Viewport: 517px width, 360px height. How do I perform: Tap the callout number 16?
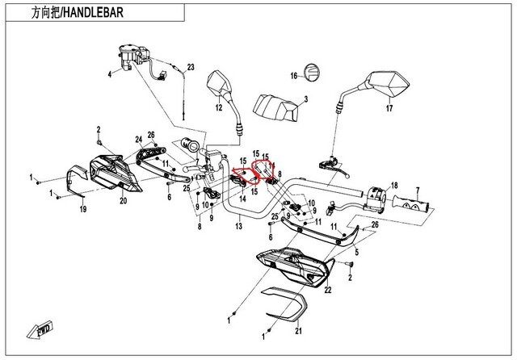pyautogui.click(x=295, y=76)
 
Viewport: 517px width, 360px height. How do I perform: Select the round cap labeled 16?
pyautogui.click(x=312, y=73)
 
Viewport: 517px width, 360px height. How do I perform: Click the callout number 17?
pyautogui.click(x=389, y=107)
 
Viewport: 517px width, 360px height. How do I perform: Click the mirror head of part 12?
pyautogui.click(x=220, y=82)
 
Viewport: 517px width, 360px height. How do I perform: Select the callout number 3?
pyautogui.click(x=305, y=100)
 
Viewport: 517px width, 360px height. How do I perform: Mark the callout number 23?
pyautogui.click(x=191, y=66)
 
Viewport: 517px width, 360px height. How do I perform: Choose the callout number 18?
pyautogui.click(x=395, y=186)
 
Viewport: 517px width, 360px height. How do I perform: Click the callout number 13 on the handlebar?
pyautogui.click(x=238, y=228)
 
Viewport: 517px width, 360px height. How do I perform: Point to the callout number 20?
pyautogui.click(x=124, y=200)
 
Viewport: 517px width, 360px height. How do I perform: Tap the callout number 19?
pyautogui.click(x=82, y=210)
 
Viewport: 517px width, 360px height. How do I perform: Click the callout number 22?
pyautogui.click(x=328, y=289)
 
